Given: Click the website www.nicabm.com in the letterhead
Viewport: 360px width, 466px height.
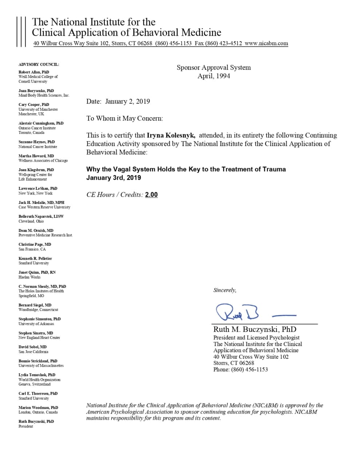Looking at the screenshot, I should (x=266, y=43).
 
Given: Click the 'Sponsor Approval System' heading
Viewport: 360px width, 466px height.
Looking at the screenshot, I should (x=214, y=67).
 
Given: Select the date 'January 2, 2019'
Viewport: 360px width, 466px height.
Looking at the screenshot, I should (x=127, y=102).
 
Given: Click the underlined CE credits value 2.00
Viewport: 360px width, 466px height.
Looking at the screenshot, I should (x=151, y=195).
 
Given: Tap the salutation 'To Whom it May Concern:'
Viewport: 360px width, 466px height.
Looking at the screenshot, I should (x=124, y=118).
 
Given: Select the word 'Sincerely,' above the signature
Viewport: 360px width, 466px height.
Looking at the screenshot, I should (x=225, y=290).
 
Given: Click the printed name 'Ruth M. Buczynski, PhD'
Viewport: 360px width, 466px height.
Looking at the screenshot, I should (x=255, y=329).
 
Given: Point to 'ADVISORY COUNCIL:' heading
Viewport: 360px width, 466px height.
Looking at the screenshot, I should (x=39, y=64).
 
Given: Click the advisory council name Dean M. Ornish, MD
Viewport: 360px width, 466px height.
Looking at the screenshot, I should (x=36, y=230).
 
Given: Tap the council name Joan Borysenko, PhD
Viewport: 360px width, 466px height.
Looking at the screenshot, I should (x=36, y=91).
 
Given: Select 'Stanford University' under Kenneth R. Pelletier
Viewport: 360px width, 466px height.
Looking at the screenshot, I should (x=33, y=263).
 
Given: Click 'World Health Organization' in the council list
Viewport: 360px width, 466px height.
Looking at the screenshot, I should (x=40, y=380).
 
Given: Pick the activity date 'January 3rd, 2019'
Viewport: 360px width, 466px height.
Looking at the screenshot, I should (x=114, y=178).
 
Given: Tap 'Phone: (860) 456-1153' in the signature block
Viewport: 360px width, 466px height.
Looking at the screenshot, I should (x=241, y=370).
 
